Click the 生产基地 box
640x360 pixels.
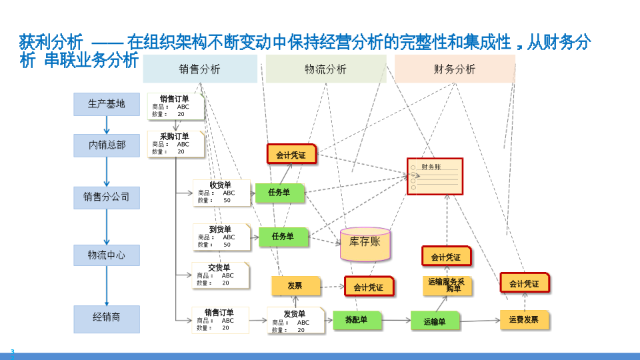pos(107,104)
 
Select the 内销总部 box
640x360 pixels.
pos(107,145)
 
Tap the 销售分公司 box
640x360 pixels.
pos(107,197)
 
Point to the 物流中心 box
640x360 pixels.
pos(107,255)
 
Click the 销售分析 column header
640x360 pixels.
pos(200,69)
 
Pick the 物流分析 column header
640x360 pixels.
pos(325,69)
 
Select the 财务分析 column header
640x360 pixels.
pos(455,69)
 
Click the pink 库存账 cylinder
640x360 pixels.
pos(365,244)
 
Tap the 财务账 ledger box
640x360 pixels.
pos(435,177)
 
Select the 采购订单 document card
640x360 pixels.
pos(175,144)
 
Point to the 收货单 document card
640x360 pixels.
pos(221,193)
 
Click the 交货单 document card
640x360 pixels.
pos(220,275)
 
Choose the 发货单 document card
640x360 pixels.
pos(295,321)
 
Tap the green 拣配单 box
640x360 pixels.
pos(357,320)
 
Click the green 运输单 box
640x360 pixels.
pos(435,321)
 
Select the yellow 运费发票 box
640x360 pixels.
pos(524,320)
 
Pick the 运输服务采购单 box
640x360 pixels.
pos(447,285)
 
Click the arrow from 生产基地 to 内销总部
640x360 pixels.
pos(107,125)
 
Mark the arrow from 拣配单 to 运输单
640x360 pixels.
pos(396,321)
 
